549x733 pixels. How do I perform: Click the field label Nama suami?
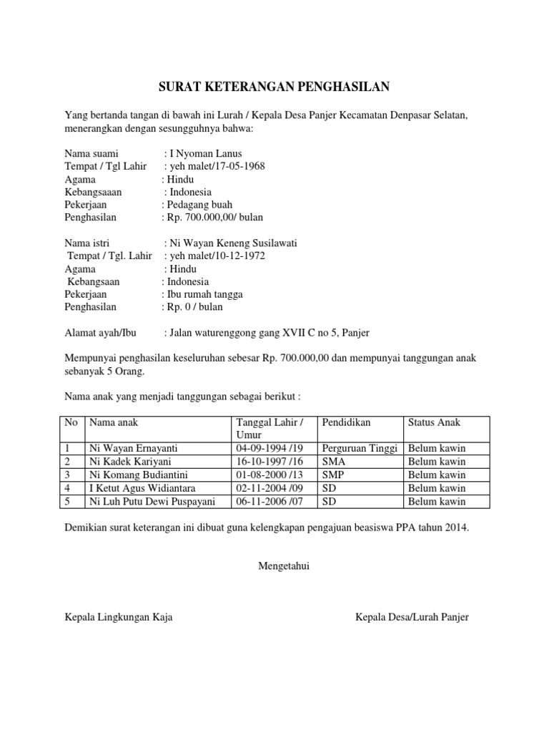tap(91, 153)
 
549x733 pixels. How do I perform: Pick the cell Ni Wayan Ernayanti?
tap(133, 448)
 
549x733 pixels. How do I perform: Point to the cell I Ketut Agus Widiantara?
tap(145, 488)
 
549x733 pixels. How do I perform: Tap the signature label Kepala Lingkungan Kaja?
tap(118, 617)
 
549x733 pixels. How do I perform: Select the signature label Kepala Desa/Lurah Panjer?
tap(412, 617)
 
